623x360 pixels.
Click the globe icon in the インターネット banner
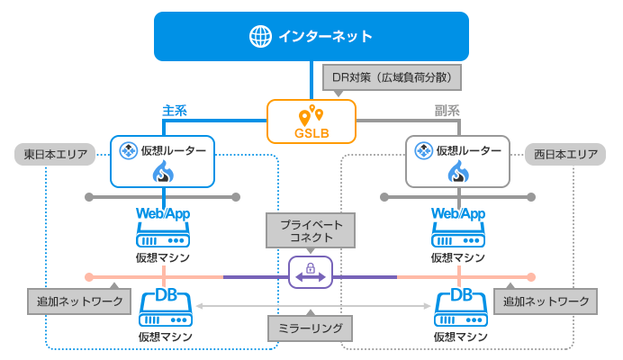click(x=260, y=37)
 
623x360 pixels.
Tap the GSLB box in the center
click(x=311, y=121)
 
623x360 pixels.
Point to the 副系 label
click(x=447, y=111)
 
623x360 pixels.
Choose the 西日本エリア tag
click(x=565, y=155)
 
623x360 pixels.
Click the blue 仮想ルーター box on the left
click(x=164, y=161)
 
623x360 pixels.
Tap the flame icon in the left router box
click(x=164, y=172)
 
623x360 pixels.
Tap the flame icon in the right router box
click(x=459, y=172)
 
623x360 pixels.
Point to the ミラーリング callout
click(x=311, y=328)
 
